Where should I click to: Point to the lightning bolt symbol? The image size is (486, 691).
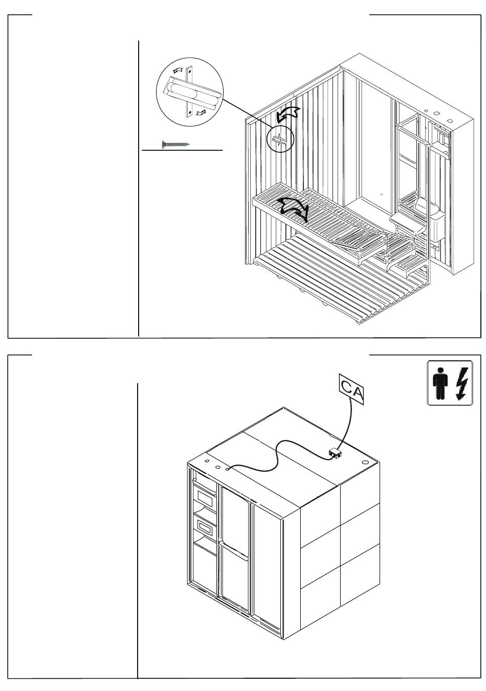(x=461, y=383)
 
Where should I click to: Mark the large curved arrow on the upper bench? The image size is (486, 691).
(x=291, y=209)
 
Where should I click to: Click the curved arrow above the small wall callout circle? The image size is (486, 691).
(x=287, y=115)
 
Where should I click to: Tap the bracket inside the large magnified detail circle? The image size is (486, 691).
(x=189, y=93)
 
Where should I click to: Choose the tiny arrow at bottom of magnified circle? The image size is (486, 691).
(x=201, y=111)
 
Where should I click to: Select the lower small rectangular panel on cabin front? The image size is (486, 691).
(x=205, y=526)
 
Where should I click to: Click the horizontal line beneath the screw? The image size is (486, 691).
(x=182, y=151)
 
